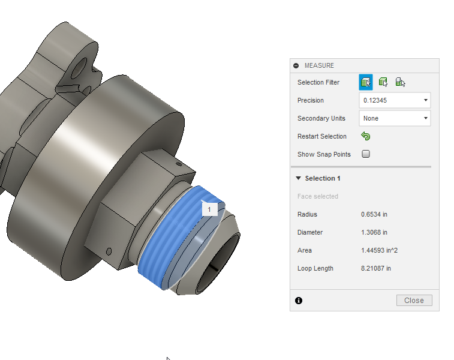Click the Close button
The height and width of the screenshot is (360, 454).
tap(414, 300)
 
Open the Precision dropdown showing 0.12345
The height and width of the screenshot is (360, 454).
tap(395, 100)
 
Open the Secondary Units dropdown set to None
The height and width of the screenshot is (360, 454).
tap(395, 118)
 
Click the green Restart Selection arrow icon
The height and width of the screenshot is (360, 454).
tap(366, 136)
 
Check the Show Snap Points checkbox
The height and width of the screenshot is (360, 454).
tap(366, 154)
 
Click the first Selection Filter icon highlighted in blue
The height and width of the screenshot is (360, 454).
tap(366, 82)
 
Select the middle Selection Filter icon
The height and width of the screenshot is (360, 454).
tap(383, 82)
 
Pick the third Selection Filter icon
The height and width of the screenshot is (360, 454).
tap(400, 82)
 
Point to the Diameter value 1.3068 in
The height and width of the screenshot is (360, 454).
tap(374, 232)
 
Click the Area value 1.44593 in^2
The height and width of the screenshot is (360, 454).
tap(379, 250)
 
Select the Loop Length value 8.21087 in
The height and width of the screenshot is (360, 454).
tap(376, 268)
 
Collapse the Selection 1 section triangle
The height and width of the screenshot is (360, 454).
tap(298, 178)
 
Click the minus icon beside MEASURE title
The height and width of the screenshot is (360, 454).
tap(296, 65)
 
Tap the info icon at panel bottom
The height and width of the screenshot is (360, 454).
tap(299, 301)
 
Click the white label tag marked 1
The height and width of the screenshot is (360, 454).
tap(209, 209)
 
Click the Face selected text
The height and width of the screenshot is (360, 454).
tap(318, 196)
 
